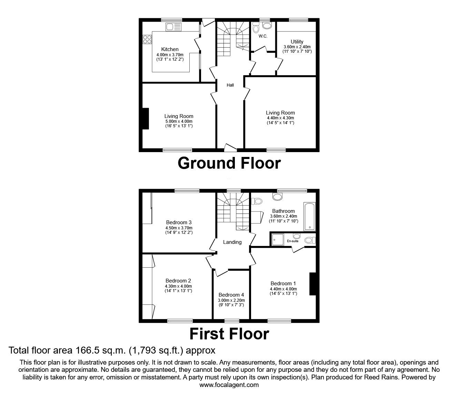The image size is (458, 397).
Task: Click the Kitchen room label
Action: tap(170, 49)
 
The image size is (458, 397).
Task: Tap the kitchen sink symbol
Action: tap(173, 27)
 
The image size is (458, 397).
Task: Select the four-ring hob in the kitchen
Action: tap(147, 39)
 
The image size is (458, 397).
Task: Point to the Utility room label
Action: tap(297, 42)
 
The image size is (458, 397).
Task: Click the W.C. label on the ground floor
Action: tap(263, 36)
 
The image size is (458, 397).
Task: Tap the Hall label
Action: tap(230, 85)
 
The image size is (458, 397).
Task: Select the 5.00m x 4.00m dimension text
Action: tap(179, 121)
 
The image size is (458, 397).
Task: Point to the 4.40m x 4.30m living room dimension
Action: tap(280, 118)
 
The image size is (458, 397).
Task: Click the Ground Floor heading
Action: tap(229, 163)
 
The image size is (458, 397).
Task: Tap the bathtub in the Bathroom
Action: tap(310, 217)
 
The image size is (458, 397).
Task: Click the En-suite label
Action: tap(292, 241)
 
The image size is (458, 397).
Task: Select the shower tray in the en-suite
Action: tap(277, 240)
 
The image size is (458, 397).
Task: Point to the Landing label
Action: tap(232, 242)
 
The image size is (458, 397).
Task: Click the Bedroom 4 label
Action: tap(231, 295)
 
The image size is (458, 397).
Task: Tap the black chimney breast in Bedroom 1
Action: tap(313, 284)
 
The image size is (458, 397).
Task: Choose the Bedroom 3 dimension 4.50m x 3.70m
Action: tap(179, 228)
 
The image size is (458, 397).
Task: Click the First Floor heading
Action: tap(229, 334)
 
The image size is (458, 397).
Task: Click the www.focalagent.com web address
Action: tap(229, 385)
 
